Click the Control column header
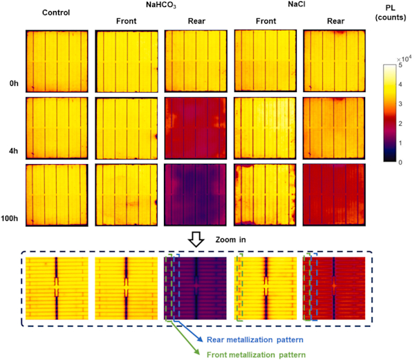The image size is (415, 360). (56, 12)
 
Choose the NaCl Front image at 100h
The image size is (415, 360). (266, 195)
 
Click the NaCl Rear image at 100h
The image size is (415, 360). (335, 195)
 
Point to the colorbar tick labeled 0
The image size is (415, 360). (399, 162)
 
